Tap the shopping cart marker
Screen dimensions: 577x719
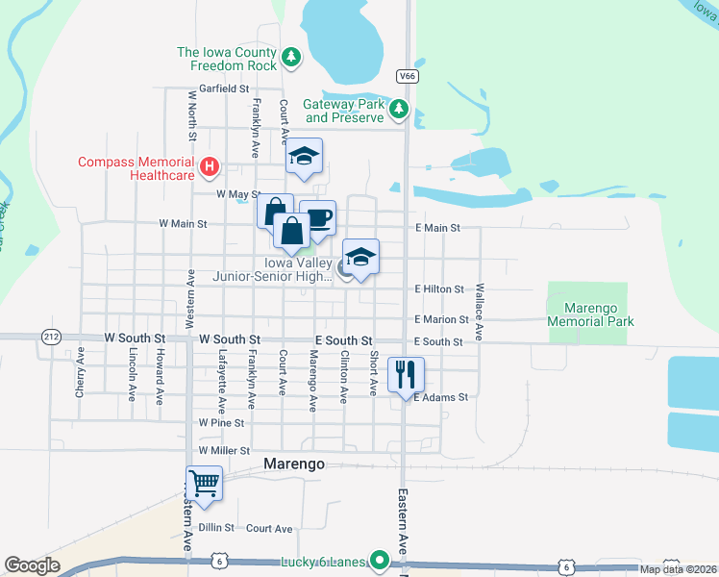(x=205, y=483)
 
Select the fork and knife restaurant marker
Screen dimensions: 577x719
(x=405, y=373)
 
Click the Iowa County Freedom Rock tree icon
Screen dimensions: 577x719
(x=291, y=59)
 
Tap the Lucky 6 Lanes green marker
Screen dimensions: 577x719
(x=381, y=560)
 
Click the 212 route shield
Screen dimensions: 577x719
(x=51, y=335)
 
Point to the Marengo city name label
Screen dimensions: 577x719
(x=293, y=464)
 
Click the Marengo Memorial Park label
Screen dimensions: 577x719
(x=589, y=314)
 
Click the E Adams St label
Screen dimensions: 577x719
(x=440, y=396)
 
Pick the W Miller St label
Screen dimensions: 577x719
(x=224, y=450)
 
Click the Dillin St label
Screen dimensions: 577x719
(x=216, y=528)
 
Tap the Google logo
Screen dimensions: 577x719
(x=32, y=565)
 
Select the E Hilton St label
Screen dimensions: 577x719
(x=439, y=288)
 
